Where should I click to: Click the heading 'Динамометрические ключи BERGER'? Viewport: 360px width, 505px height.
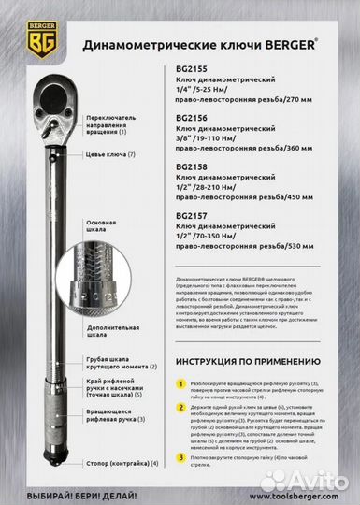coord(214,44)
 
